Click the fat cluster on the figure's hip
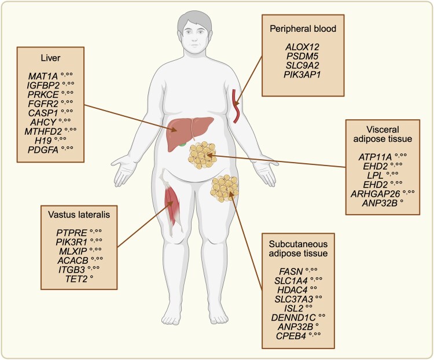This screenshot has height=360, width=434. [225, 186]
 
